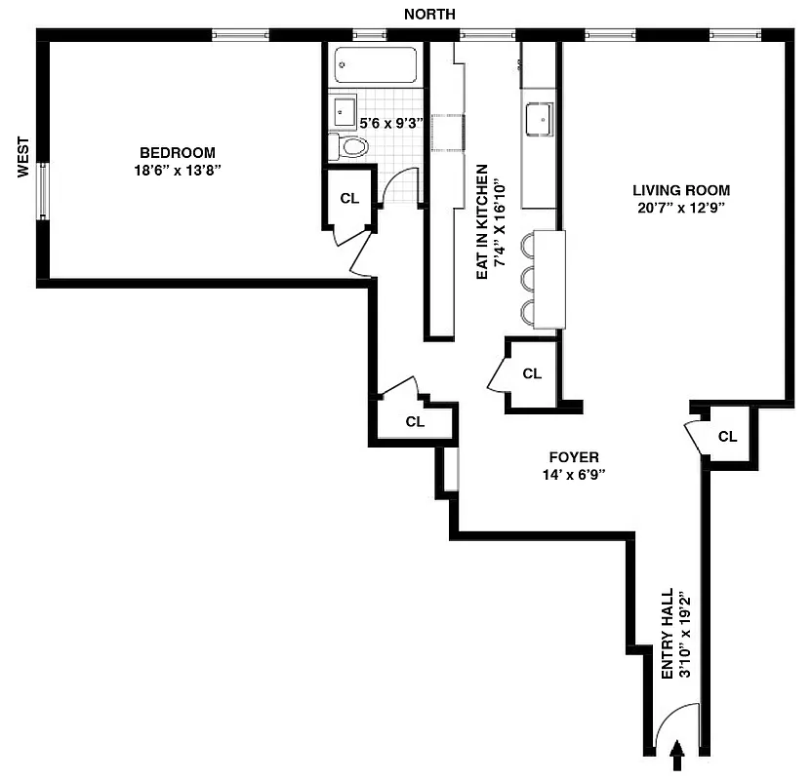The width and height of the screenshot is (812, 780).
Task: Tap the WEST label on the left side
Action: [23, 157]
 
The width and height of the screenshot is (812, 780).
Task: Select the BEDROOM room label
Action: [177, 152]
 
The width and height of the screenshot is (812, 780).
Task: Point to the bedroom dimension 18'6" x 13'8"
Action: [177, 170]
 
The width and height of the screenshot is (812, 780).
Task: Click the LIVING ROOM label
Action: [680, 190]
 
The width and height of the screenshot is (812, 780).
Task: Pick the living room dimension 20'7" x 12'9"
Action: [680, 208]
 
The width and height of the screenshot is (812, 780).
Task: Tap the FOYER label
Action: [573, 457]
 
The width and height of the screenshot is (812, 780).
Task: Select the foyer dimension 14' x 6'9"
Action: [573, 475]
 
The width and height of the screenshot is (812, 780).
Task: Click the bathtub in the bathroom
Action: [377, 65]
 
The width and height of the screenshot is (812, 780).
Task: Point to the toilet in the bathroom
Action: [351, 147]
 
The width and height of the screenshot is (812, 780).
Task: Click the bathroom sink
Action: [344, 112]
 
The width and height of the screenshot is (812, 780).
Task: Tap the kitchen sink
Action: [539, 119]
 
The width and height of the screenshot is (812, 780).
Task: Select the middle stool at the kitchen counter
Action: [530, 279]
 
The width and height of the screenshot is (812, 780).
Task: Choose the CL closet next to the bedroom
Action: [349, 198]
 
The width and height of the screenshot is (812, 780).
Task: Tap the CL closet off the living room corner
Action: [727, 436]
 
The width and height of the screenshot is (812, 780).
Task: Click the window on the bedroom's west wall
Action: [42, 190]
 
